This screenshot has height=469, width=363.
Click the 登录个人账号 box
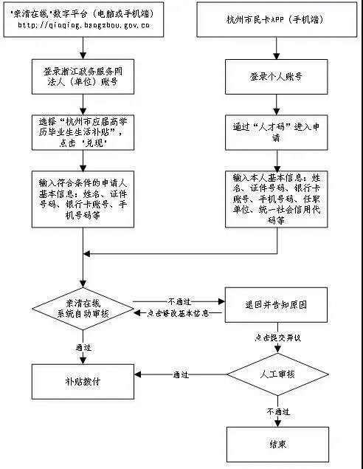coord(277,77)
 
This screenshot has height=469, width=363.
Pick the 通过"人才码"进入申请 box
coord(277,131)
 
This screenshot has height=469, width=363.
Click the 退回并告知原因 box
coord(276,304)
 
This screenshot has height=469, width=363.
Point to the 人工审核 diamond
coord(277,374)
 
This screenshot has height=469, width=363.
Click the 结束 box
coord(277,445)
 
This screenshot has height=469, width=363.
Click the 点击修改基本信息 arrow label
coord(179,314)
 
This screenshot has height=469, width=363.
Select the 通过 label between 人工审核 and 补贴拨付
coord(181,374)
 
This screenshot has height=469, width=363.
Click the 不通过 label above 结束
coord(277,411)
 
